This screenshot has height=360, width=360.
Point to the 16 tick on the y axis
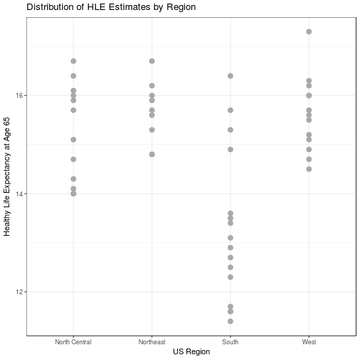[x=19, y=95]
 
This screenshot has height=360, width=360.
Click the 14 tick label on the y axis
[x=19, y=194]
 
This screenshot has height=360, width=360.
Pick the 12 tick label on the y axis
[x=19, y=292]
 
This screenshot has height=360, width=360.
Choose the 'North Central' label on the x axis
[x=73, y=342]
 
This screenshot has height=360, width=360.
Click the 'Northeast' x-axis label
[x=151, y=342]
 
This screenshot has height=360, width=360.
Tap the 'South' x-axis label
[x=230, y=342]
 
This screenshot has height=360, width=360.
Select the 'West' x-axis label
[x=309, y=342]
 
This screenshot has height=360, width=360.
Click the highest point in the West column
[x=309, y=31]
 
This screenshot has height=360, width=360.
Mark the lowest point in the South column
[x=230, y=321]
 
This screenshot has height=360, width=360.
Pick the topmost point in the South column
[x=230, y=76]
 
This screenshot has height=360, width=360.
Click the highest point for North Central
[x=73, y=61]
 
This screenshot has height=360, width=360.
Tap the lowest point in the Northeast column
[x=151, y=154]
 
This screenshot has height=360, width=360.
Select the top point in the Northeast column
[x=151, y=61]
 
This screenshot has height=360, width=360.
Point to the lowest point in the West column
[x=309, y=169]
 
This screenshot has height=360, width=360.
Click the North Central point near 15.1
[x=73, y=139]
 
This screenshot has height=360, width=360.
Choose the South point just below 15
[x=230, y=149]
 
